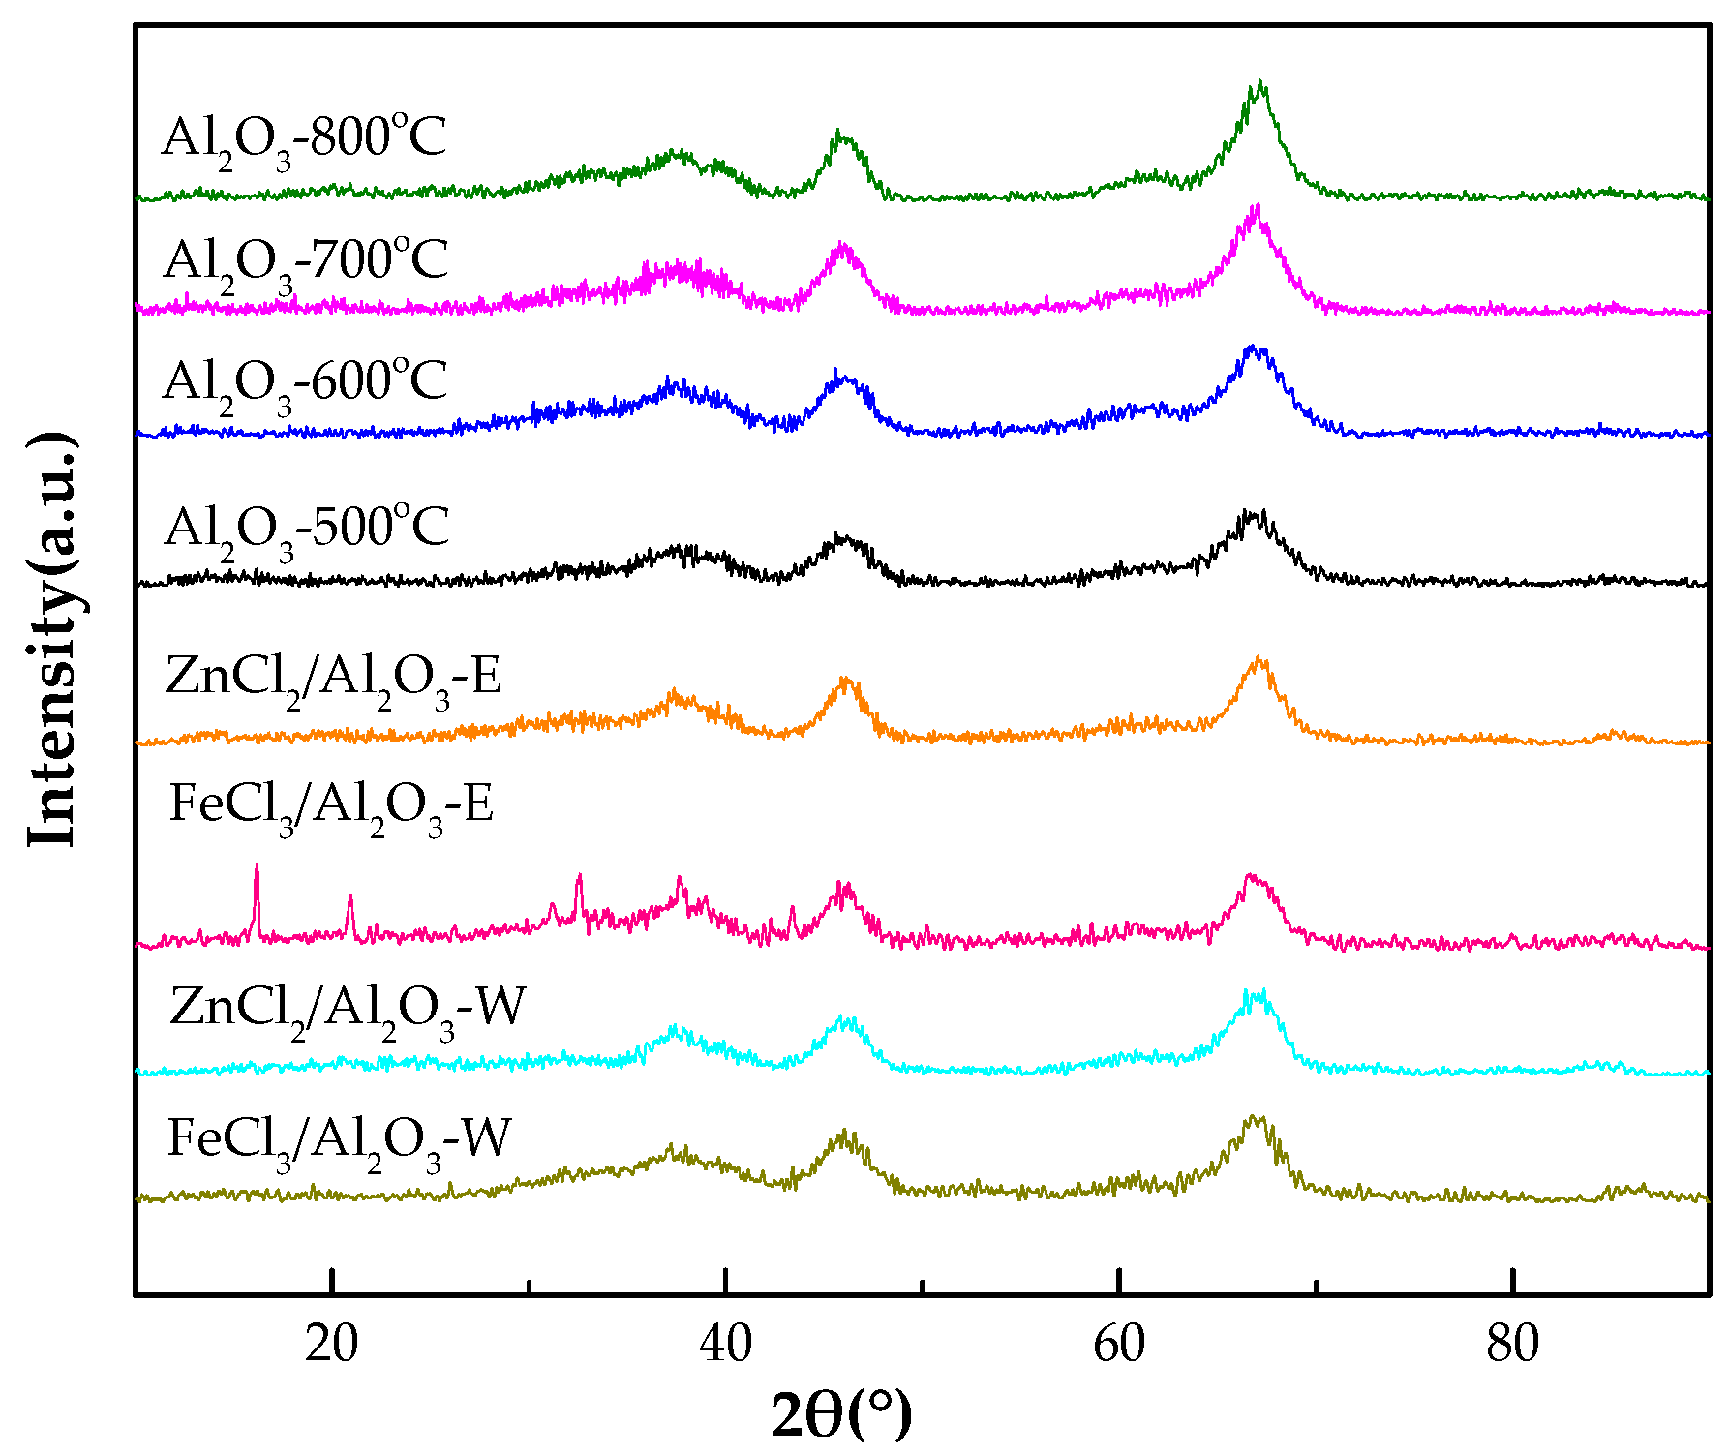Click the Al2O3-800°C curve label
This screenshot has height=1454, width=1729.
[304, 139]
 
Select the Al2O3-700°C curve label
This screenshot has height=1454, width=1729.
[306, 262]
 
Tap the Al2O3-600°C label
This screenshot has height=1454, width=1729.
[305, 383]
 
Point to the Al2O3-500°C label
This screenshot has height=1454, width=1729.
[307, 530]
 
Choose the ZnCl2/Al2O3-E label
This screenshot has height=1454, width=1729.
[333, 678]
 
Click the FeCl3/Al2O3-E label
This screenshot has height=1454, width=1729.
[331, 806]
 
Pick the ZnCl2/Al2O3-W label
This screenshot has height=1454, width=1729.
[347, 1010]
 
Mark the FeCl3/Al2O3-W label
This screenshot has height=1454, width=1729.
[339, 1140]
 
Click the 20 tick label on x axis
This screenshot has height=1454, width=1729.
[331, 1345]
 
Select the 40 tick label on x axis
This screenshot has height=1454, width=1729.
[725, 1345]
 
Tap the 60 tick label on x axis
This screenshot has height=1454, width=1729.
[1119, 1345]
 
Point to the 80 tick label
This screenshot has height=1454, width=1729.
[1512, 1345]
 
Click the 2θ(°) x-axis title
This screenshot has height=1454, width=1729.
[841, 1415]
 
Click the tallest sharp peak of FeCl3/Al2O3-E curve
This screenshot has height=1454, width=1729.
[257, 866]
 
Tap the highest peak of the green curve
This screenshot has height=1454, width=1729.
[1259, 82]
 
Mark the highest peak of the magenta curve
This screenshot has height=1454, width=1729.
[1257, 206]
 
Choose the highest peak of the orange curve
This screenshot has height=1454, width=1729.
[1259, 658]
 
